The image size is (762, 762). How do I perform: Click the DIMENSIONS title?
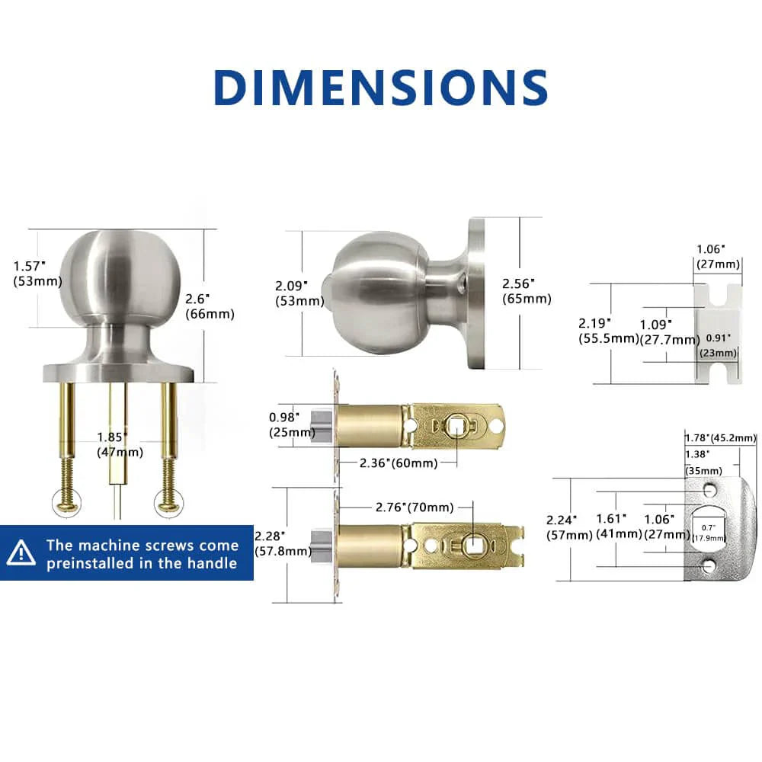(x=381, y=88)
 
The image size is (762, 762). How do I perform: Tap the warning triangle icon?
(x=21, y=552)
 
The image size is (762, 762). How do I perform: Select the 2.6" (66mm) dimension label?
(x=210, y=306)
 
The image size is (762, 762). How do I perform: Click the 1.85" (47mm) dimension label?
(x=120, y=445)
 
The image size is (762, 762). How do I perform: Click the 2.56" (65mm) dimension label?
(x=527, y=291)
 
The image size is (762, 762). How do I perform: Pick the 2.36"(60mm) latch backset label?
(x=399, y=463)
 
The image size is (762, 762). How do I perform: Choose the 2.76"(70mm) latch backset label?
(x=415, y=507)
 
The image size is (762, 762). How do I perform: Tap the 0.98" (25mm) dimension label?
(x=292, y=424)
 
